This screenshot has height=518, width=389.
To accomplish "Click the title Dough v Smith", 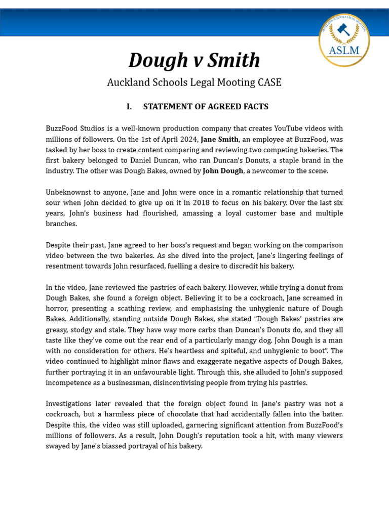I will (x=194, y=60).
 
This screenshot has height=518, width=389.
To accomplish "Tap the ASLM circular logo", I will (x=344, y=40).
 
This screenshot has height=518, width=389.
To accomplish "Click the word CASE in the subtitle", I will (x=268, y=82).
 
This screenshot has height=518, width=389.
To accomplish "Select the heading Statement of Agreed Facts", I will (x=206, y=107).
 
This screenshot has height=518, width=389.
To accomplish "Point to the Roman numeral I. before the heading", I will (x=129, y=107).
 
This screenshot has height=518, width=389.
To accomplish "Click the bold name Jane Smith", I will (x=219, y=139).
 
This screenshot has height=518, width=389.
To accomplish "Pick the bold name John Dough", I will (x=223, y=171).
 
